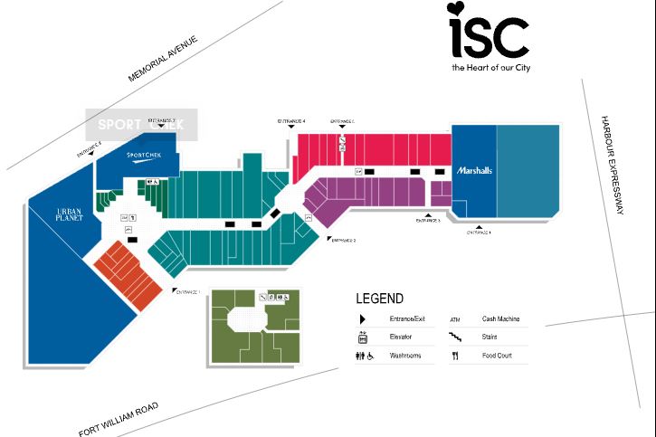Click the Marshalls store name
[474, 171]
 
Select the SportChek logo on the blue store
[145, 155]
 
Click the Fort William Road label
[119, 419]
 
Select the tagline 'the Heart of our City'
[490, 68]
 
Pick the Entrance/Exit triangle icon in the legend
[362, 319]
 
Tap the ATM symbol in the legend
[455, 319]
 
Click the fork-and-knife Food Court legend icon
[456, 356]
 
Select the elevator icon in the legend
[362, 337]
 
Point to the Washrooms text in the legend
[406, 356]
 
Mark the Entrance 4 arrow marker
[290, 127]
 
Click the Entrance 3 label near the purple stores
[428, 221]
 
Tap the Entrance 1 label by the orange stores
[187, 291]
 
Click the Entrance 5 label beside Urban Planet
[89, 145]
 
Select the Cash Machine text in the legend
[500, 319]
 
